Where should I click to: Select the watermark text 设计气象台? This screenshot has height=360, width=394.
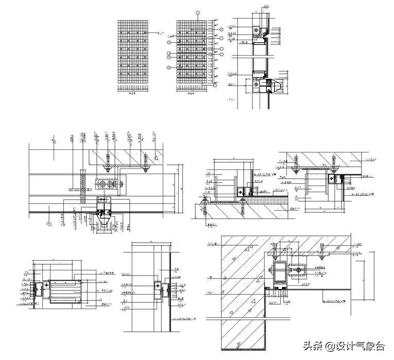click(359, 346)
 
